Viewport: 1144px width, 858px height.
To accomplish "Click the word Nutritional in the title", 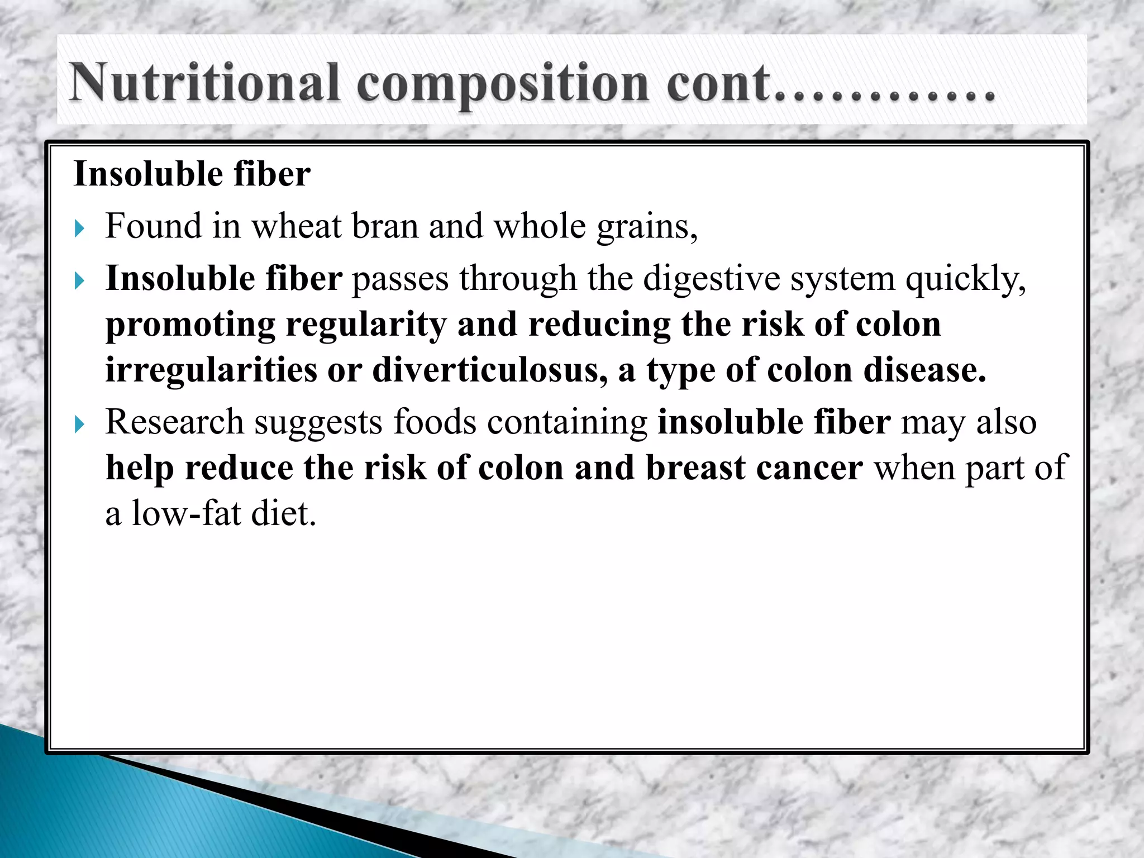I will click(204, 84).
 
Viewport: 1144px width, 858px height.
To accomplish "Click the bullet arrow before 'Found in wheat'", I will click(79, 228).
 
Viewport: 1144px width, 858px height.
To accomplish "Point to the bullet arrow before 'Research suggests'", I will click(79, 424).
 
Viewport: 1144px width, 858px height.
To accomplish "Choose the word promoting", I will click(190, 325).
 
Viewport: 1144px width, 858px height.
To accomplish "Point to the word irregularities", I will click(211, 370).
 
